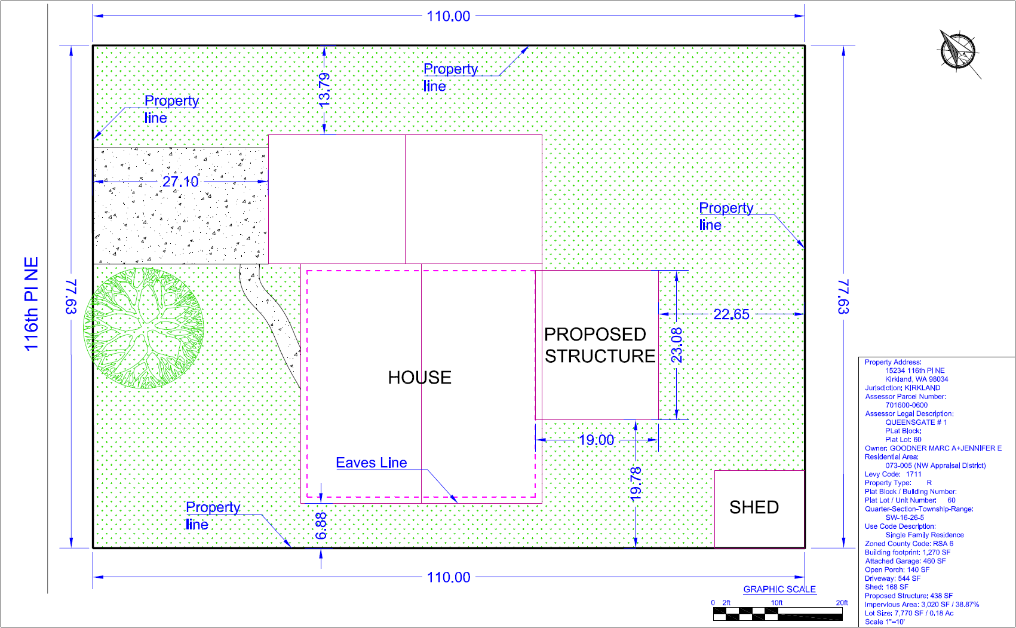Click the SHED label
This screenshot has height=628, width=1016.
coord(754,507)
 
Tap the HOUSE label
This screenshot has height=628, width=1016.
coord(419,378)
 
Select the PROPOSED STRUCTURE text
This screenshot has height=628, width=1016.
coord(599,345)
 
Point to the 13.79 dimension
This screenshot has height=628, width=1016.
coord(324,90)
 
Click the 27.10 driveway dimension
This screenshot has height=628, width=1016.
coord(180,182)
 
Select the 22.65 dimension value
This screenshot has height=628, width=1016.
coord(731,314)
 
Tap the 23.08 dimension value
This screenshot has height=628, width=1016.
coord(676,345)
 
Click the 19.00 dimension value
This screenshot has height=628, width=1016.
coord(596,440)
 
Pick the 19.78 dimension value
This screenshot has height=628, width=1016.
coord(636,483)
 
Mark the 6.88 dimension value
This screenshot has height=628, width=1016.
coord(321,525)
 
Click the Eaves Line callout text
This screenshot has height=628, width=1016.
coord(371,463)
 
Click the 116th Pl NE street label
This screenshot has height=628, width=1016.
coord(32,304)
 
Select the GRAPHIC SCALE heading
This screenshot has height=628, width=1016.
coord(779,589)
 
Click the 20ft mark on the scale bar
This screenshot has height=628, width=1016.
coord(842,603)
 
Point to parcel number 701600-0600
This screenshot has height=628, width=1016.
coord(906,405)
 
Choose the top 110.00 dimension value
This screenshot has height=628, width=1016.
coord(449,16)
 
